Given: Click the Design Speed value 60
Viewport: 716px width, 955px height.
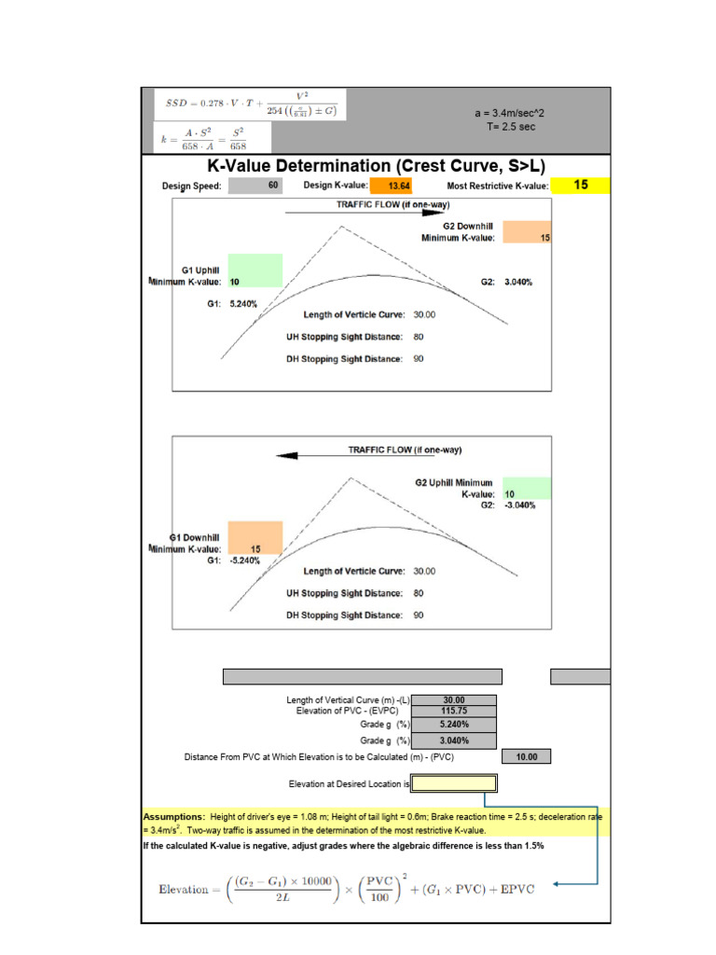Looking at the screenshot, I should [273, 186].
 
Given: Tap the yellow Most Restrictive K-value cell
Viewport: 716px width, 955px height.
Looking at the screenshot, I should [580, 186].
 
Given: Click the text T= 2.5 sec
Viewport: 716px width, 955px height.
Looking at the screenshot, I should [509, 126].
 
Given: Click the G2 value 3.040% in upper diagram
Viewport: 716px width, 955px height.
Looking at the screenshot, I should [518, 282].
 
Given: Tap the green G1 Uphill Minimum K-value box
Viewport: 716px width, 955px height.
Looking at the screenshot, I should [254, 270].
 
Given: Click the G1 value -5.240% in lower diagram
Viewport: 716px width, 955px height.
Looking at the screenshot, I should [244, 561].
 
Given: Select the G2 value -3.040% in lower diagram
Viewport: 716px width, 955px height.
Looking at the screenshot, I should [520, 505].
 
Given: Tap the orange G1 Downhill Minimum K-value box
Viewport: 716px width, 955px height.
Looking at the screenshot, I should [254, 538].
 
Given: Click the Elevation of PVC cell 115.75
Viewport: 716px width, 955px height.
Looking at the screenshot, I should [454, 711].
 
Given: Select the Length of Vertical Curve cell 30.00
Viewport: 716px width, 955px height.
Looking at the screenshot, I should [454, 700].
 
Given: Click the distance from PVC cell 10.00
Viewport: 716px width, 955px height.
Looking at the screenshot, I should [527, 757].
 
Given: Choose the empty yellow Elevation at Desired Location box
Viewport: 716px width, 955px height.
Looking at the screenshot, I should [454, 783].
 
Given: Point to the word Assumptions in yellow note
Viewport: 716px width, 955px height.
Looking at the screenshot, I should [175, 816].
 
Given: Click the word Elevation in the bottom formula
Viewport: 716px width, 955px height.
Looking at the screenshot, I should [183, 889].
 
